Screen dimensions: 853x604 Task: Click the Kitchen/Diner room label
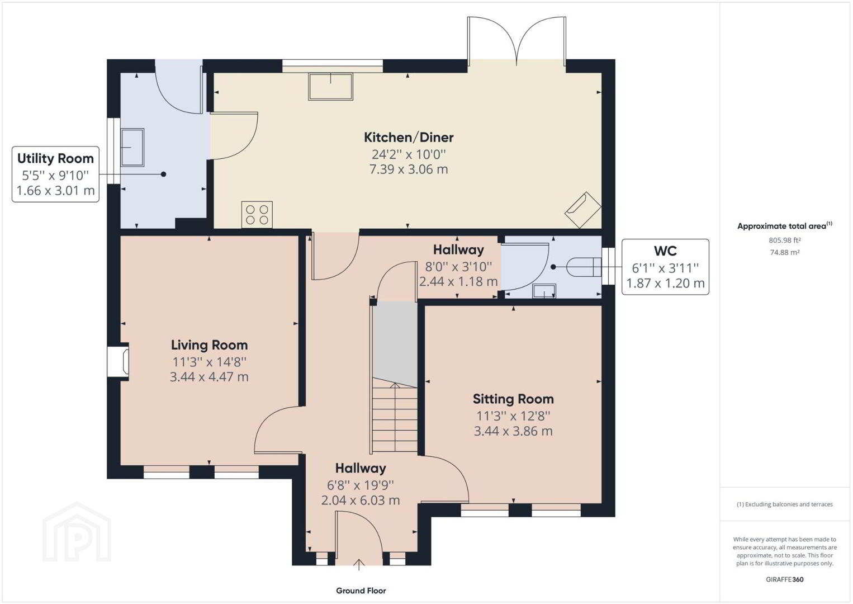pyautogui.click(x=409, y=137)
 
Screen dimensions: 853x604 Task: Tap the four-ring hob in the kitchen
pyautogui.click(x=257, y=215)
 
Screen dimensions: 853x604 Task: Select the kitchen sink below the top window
pyautogui.click(x=330, y=87)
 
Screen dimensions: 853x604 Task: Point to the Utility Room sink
pyautogui.click(x=132, y=148)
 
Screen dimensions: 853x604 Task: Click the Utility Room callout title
pyautogui.click(x=55, y=158)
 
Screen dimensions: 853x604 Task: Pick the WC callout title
pyautogui.click(x=665, y=251)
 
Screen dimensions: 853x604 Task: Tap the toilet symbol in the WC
pyautogui.click(x=584, y=267)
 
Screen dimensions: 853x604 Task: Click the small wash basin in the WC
pyautogui.click(x=544, y=291)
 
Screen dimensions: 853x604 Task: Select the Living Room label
pyautogui.click(x=209, y=345)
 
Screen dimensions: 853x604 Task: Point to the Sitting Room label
pyautogui.click(x=513, y=399)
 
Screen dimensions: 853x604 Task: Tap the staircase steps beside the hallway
pyautogui.click(x=395, y=417)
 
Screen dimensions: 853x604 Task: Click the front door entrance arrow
pyautogui.click(x=359, y=564)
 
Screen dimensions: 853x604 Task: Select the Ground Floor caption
pyautogui.click(x=361, y=591)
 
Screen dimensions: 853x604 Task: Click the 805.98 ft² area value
pyautogui.click(x=784, y=240)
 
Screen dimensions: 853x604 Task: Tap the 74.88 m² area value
pyautogui.click(x=784, y=252)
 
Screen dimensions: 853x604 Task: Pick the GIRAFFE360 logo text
pyautogui.click(x=784, y=579)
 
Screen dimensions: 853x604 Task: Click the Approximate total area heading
pyautogui.click(x=784, y=225)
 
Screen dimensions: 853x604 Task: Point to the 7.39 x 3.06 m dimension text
pyautogui.click(x=409, y=169)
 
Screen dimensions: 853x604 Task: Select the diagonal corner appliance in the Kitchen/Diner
pyautogui.click(x=582, y=210)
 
